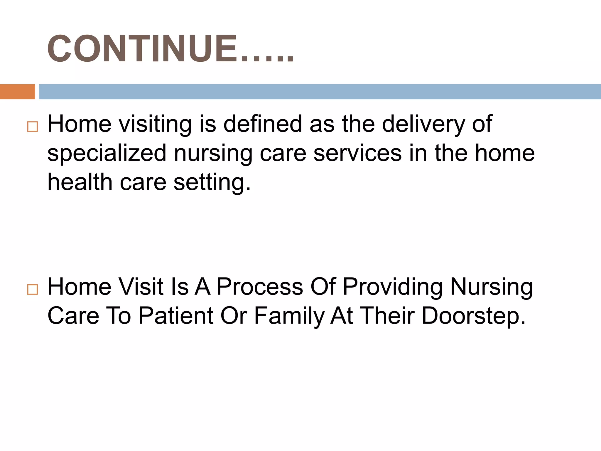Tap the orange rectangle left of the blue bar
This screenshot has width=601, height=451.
17,92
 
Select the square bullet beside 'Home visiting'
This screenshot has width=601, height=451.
32,127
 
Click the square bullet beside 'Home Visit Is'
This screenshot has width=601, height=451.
32,289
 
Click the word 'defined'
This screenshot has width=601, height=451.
263,124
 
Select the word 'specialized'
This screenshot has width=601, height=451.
107,154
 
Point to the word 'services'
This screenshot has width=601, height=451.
357,153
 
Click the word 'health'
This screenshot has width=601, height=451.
80,182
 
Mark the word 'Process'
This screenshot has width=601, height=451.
260,287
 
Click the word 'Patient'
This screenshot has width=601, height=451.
176,316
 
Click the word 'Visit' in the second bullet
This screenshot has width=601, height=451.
141,287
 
